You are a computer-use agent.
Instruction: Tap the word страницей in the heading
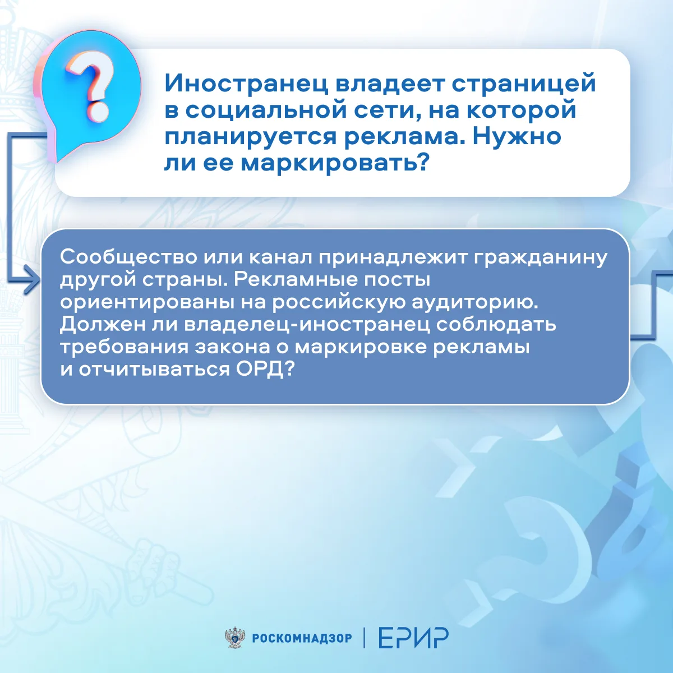[523, 84]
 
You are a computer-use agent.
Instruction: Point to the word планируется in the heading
[250, 137]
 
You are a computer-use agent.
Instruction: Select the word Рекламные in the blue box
[296, 280]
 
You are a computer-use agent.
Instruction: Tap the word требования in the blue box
[124, 347]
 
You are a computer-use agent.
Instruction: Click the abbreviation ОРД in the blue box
[264, 369]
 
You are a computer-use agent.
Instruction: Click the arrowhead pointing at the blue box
[33, 279]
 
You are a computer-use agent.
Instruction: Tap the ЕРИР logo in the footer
[413, 638]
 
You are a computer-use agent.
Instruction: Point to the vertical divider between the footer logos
[365, 638]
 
